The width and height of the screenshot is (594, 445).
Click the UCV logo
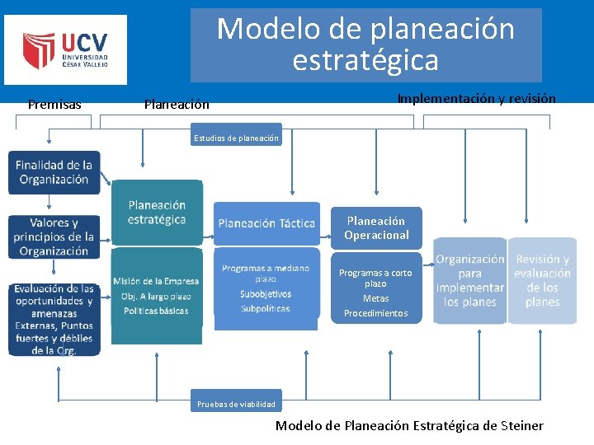(65, 49)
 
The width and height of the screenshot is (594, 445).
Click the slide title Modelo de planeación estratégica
(365, 45)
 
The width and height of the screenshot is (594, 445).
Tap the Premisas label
(54, 104)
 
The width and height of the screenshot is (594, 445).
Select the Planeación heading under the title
(177, 104)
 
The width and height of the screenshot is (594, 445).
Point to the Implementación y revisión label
(476, 98)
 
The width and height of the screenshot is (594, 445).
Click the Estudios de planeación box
(236, 138)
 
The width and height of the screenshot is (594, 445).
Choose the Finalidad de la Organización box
(54, 172)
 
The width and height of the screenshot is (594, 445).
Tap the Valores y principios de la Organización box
(54, 237)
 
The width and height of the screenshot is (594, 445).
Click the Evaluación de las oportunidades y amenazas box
(54, 319)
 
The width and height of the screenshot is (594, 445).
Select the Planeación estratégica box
(157, 212)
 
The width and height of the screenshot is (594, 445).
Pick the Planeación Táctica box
(266, 222)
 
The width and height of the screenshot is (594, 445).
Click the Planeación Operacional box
(376, 227)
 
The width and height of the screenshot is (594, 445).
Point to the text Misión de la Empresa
(156, 281)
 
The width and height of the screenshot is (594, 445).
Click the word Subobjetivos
(266, 293)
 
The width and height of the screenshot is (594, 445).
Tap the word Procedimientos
(375, 313)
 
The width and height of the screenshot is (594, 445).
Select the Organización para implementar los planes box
(469, 280)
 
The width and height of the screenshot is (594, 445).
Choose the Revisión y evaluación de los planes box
(542, 280)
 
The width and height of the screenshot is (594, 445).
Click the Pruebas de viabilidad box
(236, 404)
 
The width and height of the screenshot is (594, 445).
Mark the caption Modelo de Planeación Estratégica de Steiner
(409, 425)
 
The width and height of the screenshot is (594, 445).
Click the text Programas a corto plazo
(375, 278)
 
